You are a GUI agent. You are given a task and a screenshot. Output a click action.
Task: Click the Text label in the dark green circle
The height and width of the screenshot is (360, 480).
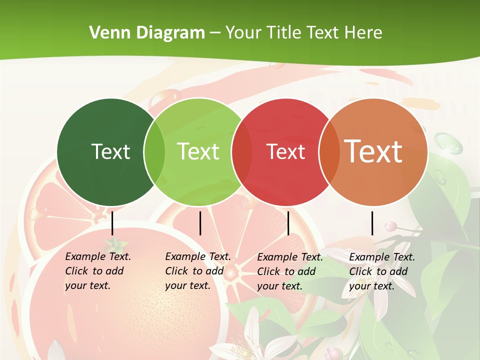(111, 151)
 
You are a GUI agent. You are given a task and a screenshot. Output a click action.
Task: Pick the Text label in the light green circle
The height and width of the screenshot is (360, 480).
(198, 151)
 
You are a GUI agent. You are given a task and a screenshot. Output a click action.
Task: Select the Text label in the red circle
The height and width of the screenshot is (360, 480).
(286, 151)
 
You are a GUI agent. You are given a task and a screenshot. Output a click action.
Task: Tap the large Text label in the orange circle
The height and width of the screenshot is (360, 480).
(373, 151)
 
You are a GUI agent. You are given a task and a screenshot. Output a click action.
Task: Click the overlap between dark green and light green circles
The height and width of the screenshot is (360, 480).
(154, 152)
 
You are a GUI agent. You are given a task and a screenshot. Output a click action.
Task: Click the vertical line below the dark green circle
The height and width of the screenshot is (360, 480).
(112, 223)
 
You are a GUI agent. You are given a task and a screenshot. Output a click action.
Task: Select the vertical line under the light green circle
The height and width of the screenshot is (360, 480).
(200, 223)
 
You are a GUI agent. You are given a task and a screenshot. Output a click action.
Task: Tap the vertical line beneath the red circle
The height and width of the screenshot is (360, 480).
(288, 223)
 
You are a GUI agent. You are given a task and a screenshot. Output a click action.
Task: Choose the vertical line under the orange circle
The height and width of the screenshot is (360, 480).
(372, 223)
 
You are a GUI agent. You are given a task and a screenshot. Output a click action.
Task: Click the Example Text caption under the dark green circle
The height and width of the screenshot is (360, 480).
(97, 271)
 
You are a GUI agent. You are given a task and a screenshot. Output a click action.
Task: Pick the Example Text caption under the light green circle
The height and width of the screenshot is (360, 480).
(197, 271)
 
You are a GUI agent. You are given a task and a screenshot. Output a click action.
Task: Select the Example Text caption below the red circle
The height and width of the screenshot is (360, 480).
(289, 271)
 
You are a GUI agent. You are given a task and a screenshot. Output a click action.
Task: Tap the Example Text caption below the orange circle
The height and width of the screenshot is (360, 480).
(381, 271)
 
